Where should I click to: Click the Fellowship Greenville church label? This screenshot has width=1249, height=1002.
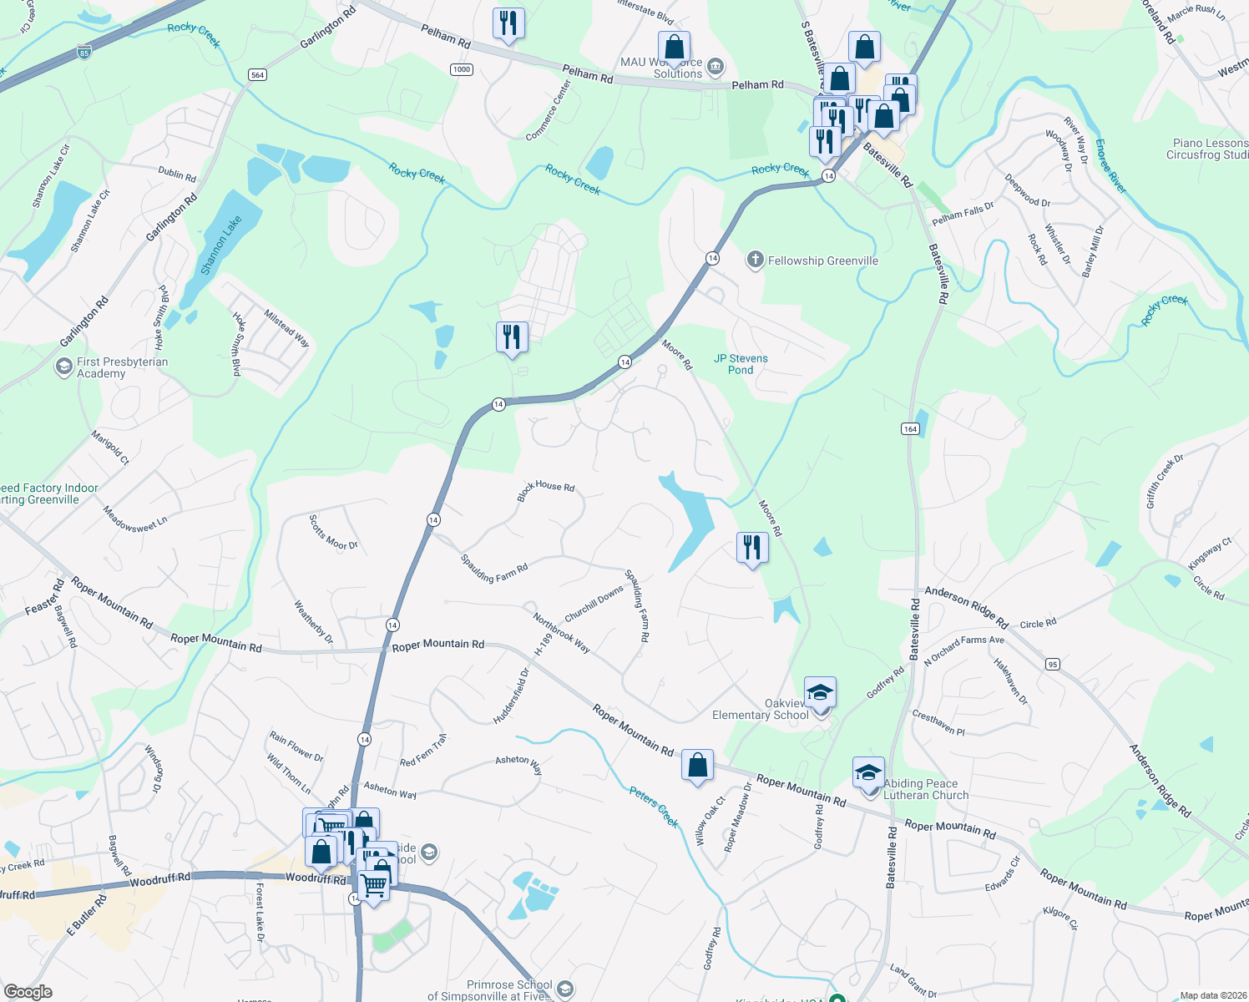coord(822,261)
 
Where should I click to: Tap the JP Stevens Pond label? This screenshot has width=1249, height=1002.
coord(741,364)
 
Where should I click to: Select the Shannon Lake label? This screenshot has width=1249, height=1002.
coord(220,245)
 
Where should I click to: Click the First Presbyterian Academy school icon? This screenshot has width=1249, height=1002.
coord(64,367)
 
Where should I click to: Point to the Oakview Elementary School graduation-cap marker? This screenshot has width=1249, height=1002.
coord(820,692)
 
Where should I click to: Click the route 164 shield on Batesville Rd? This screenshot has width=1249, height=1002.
coord(910,428)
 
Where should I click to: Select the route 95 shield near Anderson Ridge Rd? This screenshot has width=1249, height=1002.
coord(1052,664)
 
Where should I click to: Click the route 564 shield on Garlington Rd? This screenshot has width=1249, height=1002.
coord(257,75)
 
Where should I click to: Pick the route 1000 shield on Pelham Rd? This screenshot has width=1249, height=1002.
coord(462,69)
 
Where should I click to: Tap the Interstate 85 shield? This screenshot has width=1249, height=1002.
coord(83,52)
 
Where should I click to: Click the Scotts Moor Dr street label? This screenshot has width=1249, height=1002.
coord(333,532)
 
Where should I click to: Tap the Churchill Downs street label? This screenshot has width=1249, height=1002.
coord(594,604)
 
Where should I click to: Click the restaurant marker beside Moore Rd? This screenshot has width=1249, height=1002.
coord(752,548)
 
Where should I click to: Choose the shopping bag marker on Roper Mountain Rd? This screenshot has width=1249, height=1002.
coord(697,765)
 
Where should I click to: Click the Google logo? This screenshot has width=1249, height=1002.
coord(28,991)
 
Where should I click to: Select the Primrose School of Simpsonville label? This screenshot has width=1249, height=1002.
coord(498,990)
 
